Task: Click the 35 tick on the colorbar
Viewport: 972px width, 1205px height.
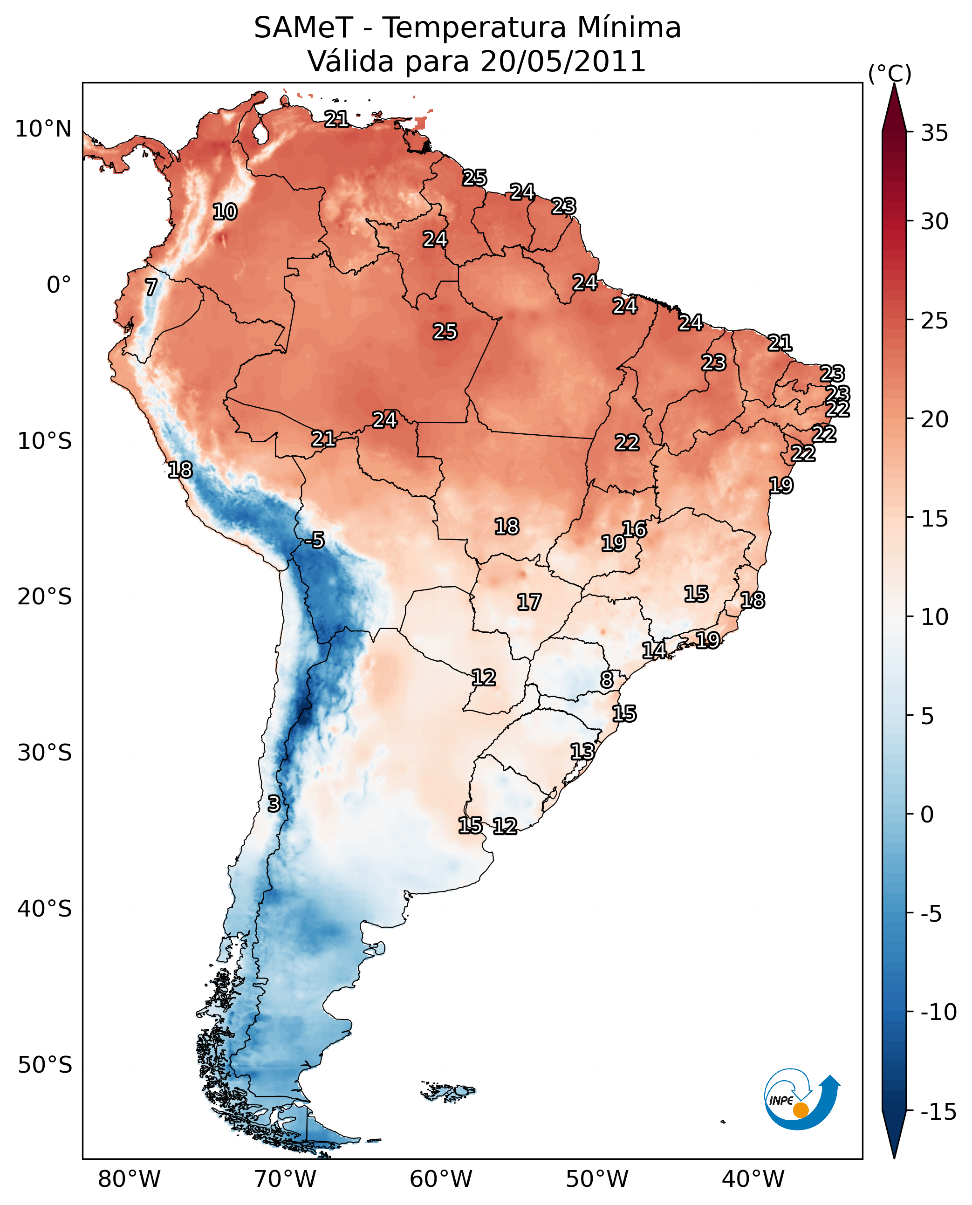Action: point(934,133)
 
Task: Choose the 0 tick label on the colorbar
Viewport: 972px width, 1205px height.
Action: point(927,814)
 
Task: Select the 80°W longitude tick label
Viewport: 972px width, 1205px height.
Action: point(130,1179)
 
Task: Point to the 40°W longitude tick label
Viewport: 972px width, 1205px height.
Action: point(753,1179)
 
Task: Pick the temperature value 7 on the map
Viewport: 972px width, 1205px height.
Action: point(151,287)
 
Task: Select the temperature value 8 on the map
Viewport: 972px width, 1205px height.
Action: point(606,679)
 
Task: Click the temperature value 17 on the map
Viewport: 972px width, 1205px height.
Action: point(528,602)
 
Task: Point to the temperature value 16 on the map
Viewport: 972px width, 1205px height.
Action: point(634,529)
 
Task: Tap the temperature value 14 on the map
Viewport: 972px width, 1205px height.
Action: point(654,650)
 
